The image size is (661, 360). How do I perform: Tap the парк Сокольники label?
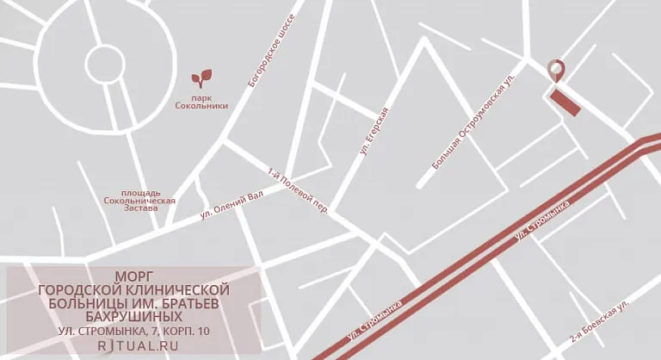(x=201, y=102)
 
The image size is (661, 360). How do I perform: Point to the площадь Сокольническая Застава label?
(x=139, y=201)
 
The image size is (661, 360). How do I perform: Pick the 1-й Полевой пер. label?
(x=299, y=189)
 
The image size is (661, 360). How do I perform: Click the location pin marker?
(x=557, y=71)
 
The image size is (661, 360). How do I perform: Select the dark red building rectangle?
(x=565, y=102)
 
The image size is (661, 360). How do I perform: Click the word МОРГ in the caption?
(x=133, y=276)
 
